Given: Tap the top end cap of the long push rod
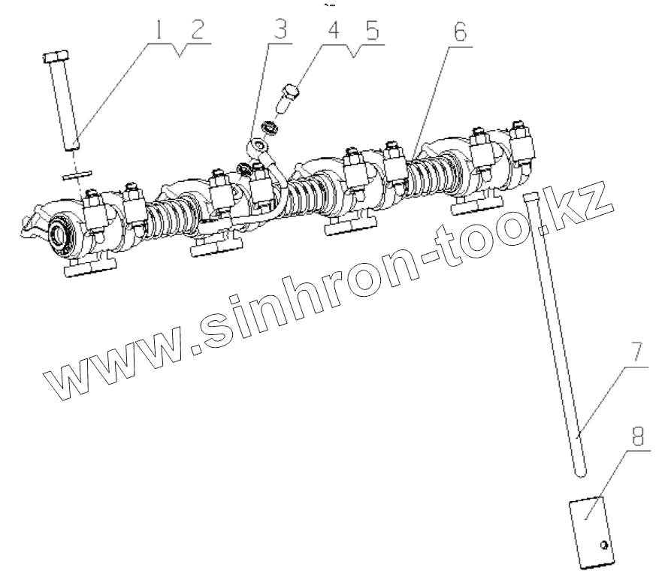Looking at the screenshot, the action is click(x=531, y=197).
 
